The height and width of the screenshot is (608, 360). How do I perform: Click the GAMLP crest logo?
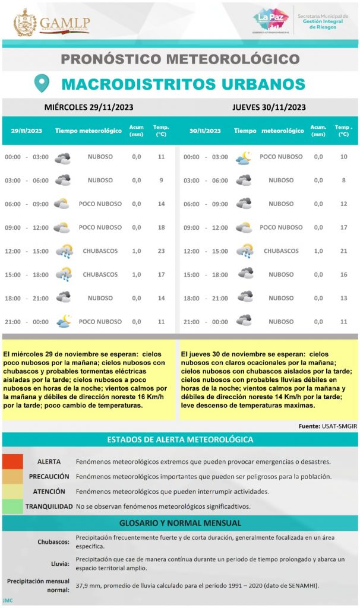coord(25,22)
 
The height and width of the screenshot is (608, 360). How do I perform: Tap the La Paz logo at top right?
coord(270,20)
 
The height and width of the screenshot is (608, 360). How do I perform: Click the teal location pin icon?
coord(42,83)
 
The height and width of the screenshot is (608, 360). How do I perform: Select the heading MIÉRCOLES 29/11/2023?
coord(89,107)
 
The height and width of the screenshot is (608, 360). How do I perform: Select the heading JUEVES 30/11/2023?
coord(269,107)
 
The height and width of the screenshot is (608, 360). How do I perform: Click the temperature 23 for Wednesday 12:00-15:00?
coord(161,251)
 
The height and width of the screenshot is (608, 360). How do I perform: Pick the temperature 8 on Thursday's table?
coord(343,180)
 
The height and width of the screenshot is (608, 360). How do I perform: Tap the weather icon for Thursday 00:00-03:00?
coord(244,157)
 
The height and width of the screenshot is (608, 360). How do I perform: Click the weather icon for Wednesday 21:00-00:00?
coord(63,322)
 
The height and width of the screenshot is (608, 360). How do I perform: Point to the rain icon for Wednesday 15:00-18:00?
coord(63,275)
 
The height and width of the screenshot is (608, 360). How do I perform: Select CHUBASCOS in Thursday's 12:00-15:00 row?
coord(281,251)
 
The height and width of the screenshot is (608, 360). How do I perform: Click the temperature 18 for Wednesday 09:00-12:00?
coord(161,227)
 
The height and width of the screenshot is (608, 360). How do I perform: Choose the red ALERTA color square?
coord(12,461)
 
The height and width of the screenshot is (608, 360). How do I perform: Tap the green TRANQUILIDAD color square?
coord(12,506)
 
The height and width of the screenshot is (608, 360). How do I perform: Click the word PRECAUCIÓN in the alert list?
coord(49,477)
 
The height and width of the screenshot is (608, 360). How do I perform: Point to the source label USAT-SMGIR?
coord(336,426)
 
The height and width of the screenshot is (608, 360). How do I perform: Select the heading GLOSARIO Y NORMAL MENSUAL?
coord(180,523)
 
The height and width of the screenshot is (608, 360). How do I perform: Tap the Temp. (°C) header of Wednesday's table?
coord(161,131)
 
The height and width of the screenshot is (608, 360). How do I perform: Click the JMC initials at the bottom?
coord(7,601)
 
